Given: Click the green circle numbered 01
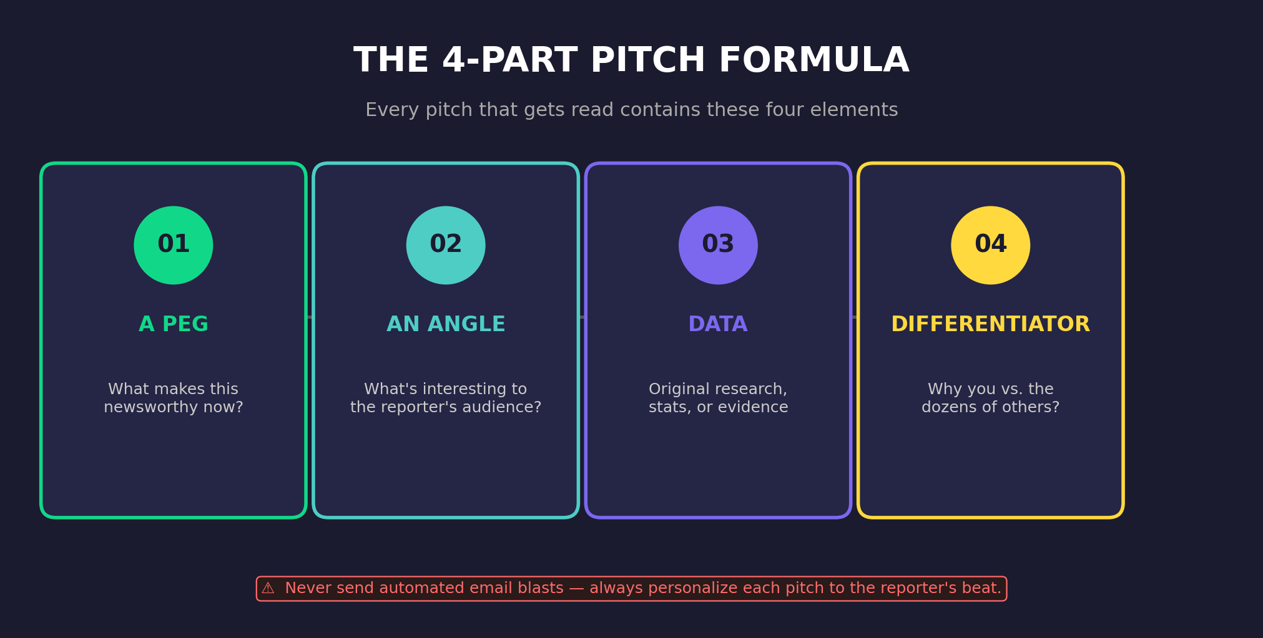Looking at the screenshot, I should tap(174, 245).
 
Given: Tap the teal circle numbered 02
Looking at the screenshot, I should tap(446, 245).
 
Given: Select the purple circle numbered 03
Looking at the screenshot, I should tap(718, 245).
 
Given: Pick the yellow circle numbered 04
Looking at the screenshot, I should tap(990, 245).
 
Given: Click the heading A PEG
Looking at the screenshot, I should tap(174, 324).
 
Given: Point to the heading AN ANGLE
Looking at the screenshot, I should tap(446, 324).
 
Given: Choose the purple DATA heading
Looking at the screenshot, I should tap(718, 324).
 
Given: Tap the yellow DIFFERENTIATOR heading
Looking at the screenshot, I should tap(990, 324).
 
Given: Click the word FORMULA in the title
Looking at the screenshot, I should tap(813, 61).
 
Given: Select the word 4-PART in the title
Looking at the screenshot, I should tap(509, 61).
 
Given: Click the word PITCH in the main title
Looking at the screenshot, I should tap(647, 61).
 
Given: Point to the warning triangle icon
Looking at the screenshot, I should tap(268, 589).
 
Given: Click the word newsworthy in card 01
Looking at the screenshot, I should tap(148, 407).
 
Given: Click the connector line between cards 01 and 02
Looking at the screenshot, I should tap(310, 317).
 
